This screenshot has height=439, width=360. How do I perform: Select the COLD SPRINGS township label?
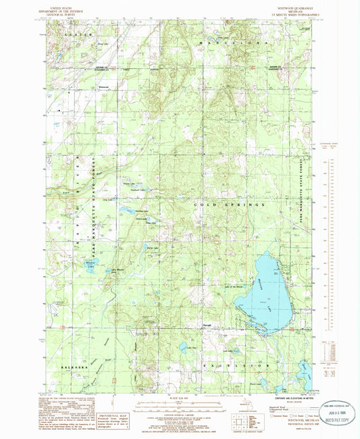click(233, 203)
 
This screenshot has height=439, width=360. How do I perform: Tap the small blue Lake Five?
click(184, 348)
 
